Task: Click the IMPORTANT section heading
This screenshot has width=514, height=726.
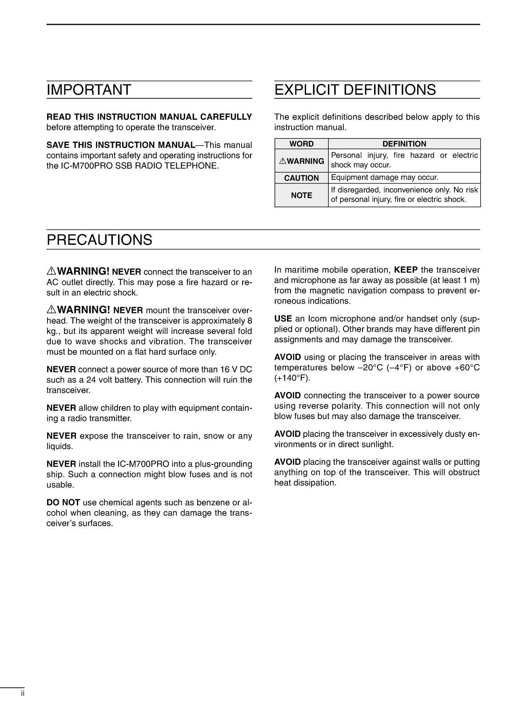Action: point(89,90)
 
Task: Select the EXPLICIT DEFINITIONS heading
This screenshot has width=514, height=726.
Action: point(355,90)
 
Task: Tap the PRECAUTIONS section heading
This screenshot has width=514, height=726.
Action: point(100,240)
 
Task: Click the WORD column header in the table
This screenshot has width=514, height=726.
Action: point(301,144)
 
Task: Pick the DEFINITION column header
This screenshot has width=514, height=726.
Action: point(404,144)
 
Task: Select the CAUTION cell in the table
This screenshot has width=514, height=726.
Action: point(301,178)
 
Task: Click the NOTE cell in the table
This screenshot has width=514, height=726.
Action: point(301,195)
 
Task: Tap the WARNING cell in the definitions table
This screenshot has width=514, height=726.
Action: point(302,161)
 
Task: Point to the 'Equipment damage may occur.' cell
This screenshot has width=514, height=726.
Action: point(385,178)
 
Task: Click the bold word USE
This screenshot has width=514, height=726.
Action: point(283,319)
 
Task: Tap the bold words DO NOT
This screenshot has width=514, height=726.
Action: point(63,503)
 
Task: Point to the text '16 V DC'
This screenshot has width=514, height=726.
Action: point(235,369)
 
